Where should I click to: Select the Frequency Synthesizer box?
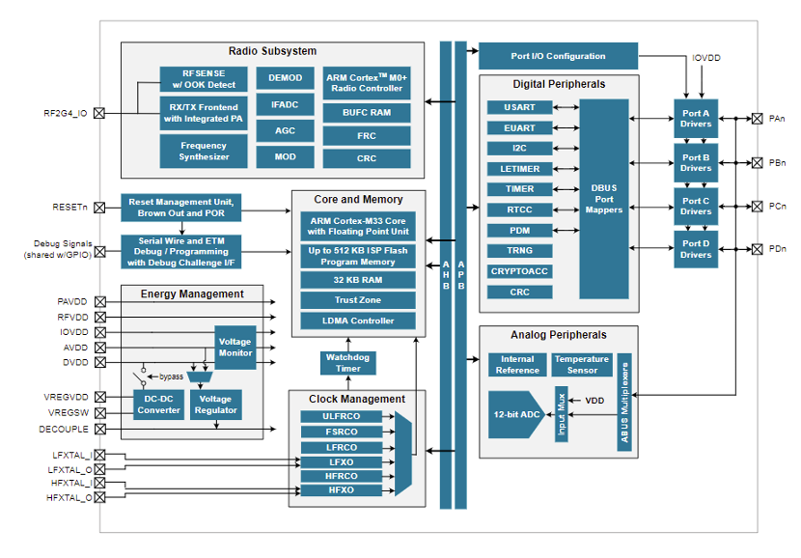(204, 151)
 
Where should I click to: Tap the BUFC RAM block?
(367, 113)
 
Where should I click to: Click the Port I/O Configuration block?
(558, 56)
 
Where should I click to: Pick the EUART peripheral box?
(519, 127)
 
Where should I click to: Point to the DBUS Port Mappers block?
(604, 198)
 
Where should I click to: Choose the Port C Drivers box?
(696, 207)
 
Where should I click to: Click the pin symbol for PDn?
(757, 249)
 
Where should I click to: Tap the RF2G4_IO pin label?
(65, 113)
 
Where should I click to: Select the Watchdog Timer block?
(347, 363)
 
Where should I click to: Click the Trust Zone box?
(358, 300)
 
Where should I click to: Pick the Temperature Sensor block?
(582, 365)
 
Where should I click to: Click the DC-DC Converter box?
(158, 404)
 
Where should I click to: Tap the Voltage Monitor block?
(235, 348)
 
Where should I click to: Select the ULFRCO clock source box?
(341, 417)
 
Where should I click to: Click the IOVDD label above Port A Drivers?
(706, 58)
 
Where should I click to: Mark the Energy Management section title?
(192, 293)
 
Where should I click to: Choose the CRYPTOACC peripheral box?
(519, 271)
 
